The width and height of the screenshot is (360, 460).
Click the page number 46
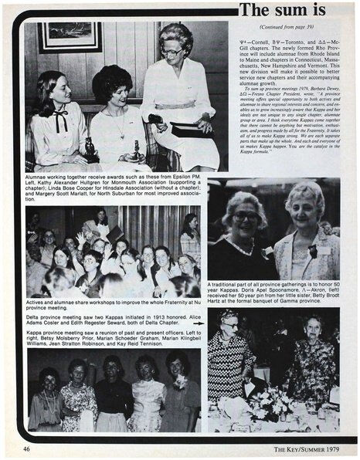point(26,448)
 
